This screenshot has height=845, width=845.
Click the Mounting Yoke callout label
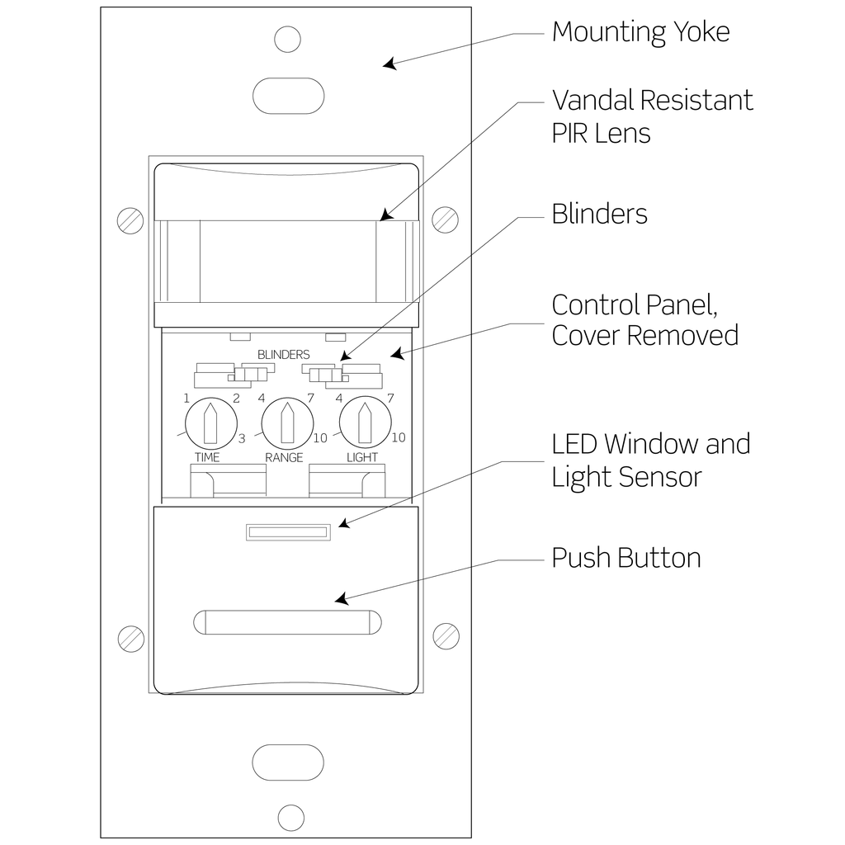(x=640, y=32)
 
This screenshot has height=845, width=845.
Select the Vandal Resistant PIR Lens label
(x=652, y=116)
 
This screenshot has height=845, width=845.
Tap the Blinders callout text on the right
(x=599, y=214)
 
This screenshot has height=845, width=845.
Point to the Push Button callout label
(x=625, y=558)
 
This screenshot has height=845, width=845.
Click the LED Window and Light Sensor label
(x=650, y=460)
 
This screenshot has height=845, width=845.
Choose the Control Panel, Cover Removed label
(x=644, y=320)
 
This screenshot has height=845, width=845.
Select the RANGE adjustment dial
(x=285, y=422)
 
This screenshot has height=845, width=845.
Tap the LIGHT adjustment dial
(x=363, y=422)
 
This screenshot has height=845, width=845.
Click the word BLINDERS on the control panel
(x=283, y=355)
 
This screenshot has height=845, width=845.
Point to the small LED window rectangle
(x=288, y=533)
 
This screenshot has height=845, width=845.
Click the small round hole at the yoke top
(x=288, y=39)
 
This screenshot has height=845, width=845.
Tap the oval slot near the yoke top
(x=288, y=96)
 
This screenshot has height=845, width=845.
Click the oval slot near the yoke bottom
(x=288, y=762)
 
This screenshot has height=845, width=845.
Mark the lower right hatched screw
(x=446, y=636)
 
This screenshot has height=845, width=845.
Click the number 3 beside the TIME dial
(x=242, y=439)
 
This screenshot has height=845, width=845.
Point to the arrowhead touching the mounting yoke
(x=387, y=64)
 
